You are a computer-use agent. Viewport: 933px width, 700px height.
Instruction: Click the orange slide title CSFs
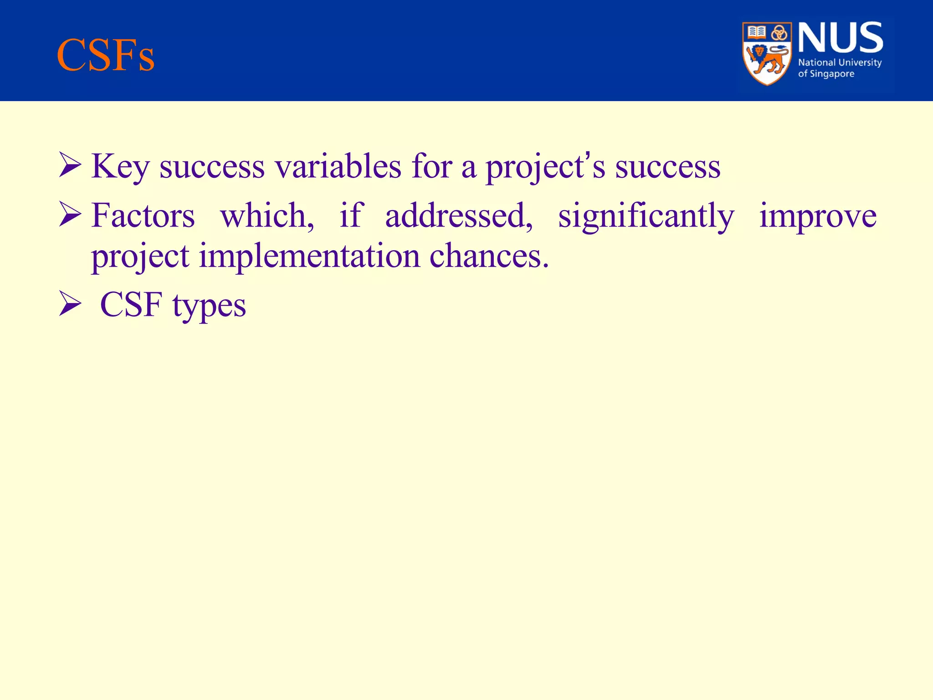click(x=106, y=56)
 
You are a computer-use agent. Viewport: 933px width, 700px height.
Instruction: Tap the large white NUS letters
click(x=841, y=38)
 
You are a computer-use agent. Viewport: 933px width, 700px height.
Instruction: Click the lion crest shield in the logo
click(x=767, y=54)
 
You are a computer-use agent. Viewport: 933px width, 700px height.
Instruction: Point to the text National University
click(x=840, y=62)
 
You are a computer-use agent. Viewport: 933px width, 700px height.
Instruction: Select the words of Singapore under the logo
click(x=826, y=74)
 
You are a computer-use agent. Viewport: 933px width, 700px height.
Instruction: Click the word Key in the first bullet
click(x=120, y=167)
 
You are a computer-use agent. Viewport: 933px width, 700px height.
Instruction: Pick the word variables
click(x=338, y=167)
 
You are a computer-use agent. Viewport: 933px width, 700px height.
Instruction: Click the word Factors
click(x=143, y=216)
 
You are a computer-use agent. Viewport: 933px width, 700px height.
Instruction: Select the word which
click(x=267, y=216)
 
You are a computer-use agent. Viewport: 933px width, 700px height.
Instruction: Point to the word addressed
click(x=458, y=216)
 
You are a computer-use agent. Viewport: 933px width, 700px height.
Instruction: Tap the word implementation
click(x=309, y=256)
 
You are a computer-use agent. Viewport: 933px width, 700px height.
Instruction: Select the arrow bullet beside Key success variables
click(x=70, y=166)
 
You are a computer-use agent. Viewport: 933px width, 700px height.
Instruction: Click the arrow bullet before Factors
click(x=70, y=215)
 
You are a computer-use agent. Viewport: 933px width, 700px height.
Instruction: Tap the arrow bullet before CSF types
click(x=70, y=304)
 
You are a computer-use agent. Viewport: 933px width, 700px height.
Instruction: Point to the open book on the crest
click(x=757, y=32)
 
